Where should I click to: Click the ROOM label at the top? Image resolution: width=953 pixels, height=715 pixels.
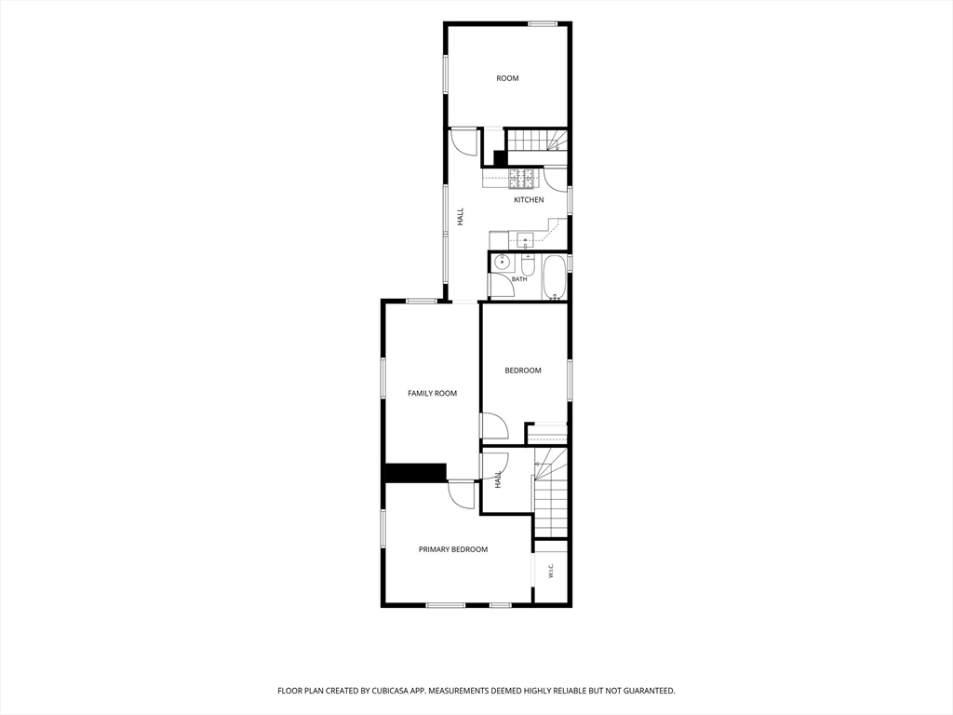[507, 78]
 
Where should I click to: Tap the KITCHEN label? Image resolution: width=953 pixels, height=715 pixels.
[529, 200]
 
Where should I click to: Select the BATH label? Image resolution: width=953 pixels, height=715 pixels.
[519, 279]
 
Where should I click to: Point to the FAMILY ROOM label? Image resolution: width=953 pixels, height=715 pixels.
[432, 394]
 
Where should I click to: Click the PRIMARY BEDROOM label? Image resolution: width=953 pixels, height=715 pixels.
[453, 549]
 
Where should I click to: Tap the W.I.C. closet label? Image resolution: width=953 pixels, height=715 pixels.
[551, 571]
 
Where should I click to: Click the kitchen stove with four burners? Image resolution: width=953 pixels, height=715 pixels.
[524, 178]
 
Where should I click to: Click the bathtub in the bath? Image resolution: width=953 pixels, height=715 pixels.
[554, 277]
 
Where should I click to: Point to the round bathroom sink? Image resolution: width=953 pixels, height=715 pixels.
[502, 263]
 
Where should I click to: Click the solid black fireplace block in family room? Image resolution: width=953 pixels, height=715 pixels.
[416, 473]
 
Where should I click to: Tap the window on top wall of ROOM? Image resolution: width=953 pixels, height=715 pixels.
[543, 24]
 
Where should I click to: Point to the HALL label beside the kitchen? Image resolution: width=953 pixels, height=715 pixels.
[460, 217]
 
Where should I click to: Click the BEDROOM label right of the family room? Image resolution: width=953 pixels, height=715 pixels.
[523, 371]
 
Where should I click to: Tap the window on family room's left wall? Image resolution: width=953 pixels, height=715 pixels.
[383, 378]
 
